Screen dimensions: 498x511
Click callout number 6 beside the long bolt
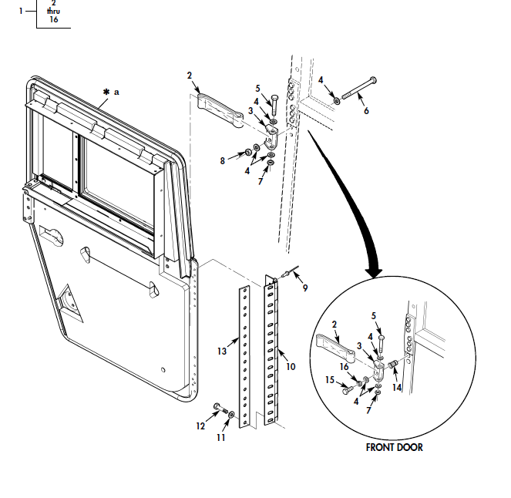point(366,111)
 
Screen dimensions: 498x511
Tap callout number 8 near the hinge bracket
point(222,160)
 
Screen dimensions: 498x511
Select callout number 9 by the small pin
point(305,288)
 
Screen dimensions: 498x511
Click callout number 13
point(221,352)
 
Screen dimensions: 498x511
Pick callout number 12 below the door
point(201,426)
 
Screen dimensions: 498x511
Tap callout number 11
point(220,437)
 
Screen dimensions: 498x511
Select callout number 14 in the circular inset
point(397,387)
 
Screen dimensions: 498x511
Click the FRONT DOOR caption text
point(394,447)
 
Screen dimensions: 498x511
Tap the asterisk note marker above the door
point(106,92)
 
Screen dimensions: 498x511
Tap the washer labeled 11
point(231,416)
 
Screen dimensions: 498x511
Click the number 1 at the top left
point(21,11)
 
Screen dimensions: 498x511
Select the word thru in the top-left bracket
point(53,11)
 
